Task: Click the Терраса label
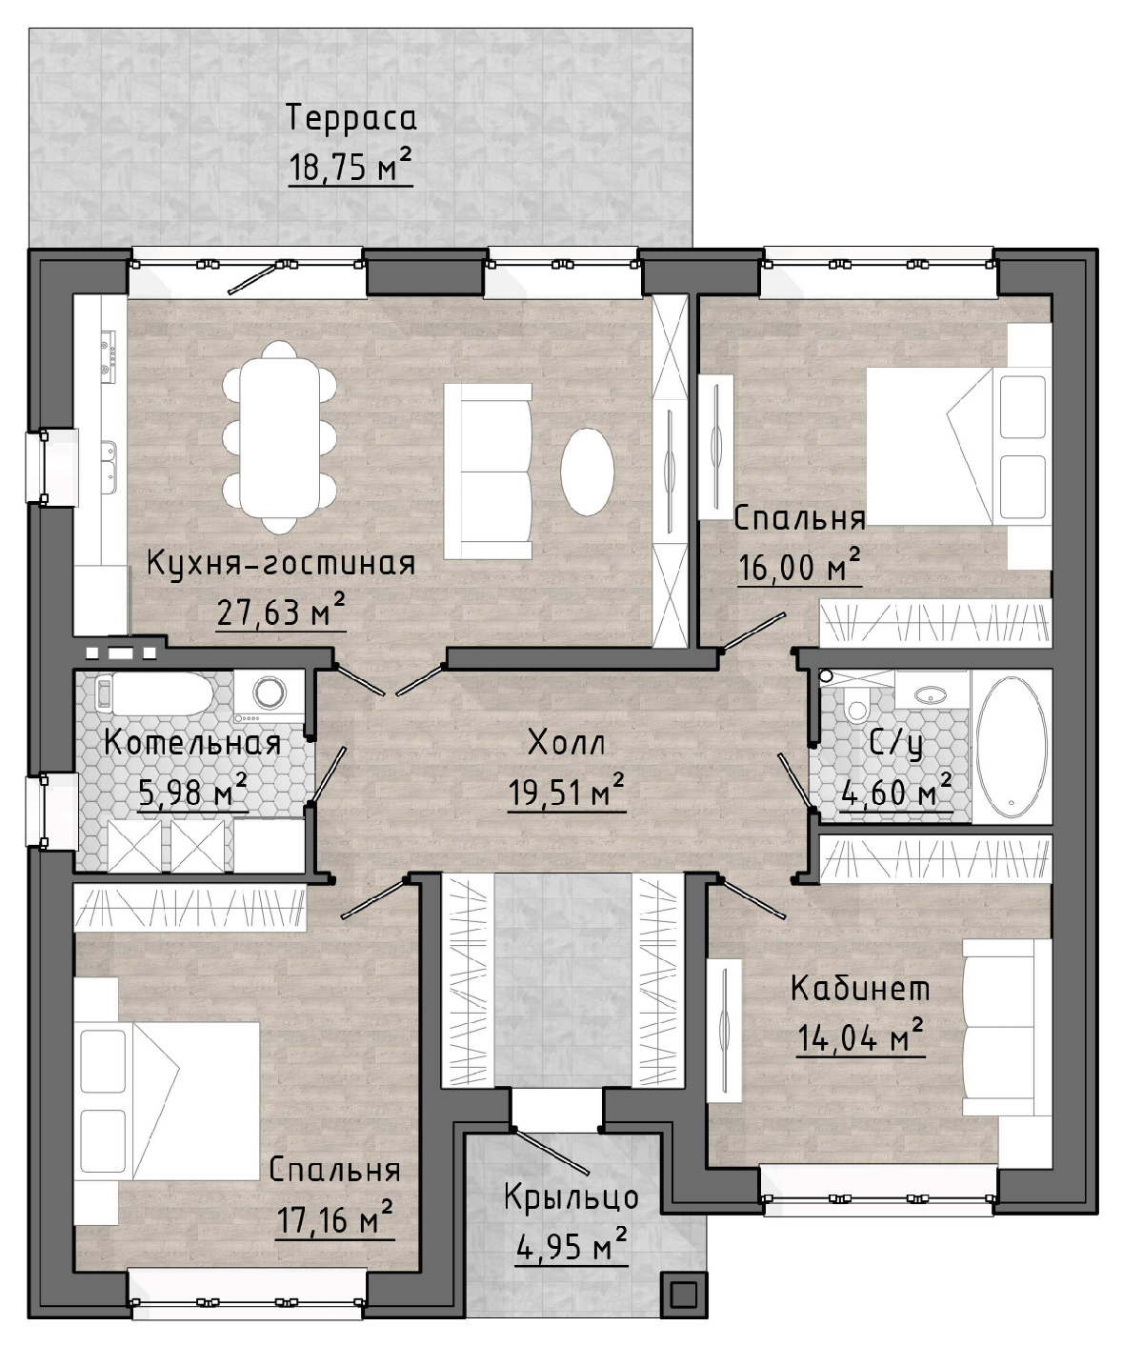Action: click(351, 117)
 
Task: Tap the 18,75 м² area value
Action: click(351, 167)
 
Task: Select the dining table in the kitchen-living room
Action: click(279, 436)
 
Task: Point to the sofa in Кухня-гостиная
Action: click(488, 472)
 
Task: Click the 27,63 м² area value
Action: click(281, 612)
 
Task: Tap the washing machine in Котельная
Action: click(269, 695)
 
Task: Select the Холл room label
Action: click(567, 743)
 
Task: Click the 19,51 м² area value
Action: click(567, 792)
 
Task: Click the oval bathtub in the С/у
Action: click(1012, 746)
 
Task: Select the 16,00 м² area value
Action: click(799, 568)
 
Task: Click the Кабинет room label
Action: click(860, 988)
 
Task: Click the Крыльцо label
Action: click(572, 1197)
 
